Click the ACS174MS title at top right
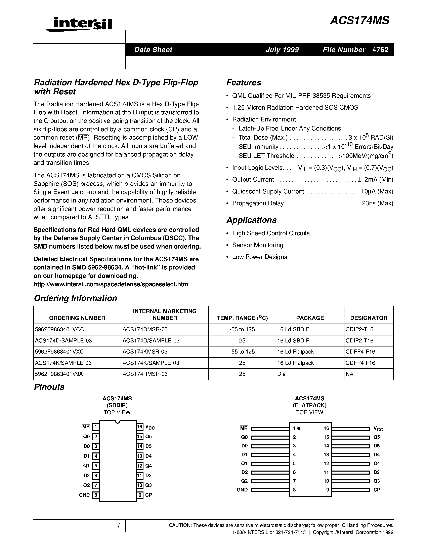tap(359, 21)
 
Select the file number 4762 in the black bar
tap(380, 50)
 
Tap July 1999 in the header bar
tap(282, 50)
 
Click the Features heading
tap(244, 82)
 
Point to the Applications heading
tap(251, 220)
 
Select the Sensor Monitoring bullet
tap(258, 245)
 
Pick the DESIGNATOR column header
tap(368, 318)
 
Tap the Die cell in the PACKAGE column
tap(281, 374)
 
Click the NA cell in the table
tap(349, 374)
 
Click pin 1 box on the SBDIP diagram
tap(95, 427)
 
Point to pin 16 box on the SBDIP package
tap(140, 427)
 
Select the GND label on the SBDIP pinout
tap(84, 495)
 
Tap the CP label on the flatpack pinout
tap(377, 490)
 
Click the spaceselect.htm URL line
tap(111, 284)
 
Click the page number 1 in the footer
tap(118, 526)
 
